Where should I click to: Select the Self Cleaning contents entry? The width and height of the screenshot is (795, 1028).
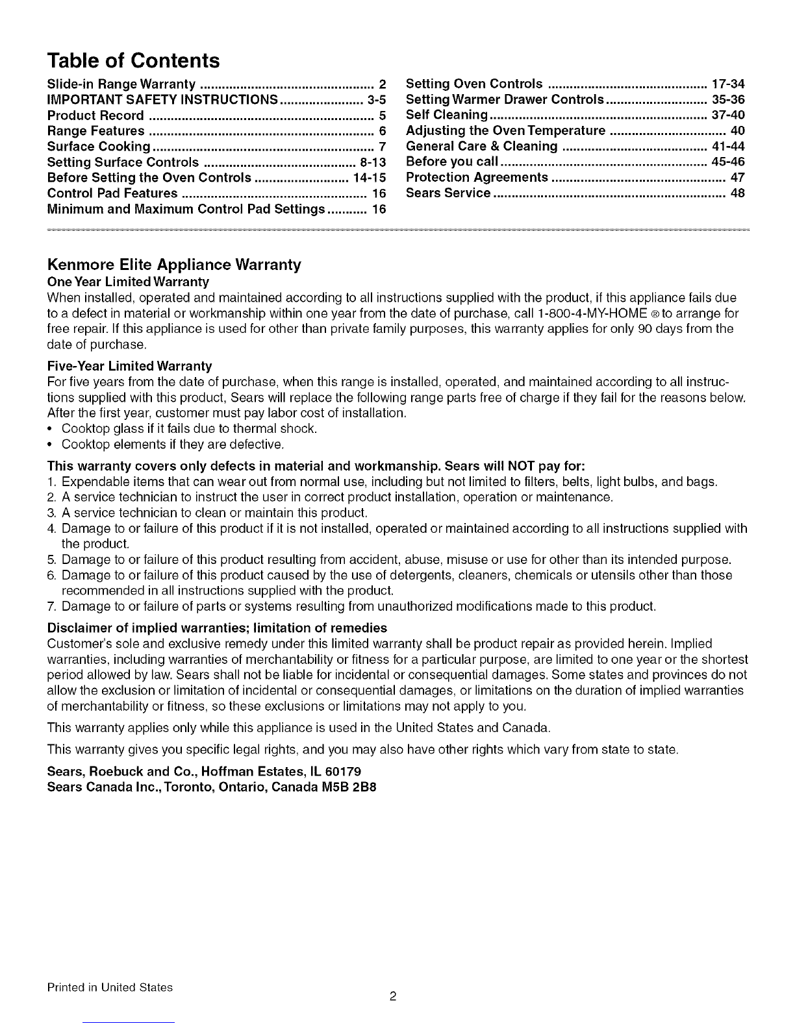click(446, 116)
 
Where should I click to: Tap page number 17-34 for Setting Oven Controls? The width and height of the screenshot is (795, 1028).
click(728, 84)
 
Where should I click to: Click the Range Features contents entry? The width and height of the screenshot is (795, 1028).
click(96, 131)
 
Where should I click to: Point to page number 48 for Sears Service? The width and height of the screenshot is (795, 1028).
click(737, 193)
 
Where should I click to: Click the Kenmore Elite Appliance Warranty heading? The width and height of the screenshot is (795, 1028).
click(174, 265)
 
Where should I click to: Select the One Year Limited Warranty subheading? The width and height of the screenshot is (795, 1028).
click(128, 282)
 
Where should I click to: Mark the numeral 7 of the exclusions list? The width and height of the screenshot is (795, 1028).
click(51, 607)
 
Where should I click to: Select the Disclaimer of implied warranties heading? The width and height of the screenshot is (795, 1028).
click(217, 628)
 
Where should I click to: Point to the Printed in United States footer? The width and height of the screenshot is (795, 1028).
click(110, 988)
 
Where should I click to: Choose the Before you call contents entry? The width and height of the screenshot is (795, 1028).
click(452, 162)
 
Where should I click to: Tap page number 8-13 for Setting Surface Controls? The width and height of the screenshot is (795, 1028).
click(372, 162)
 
